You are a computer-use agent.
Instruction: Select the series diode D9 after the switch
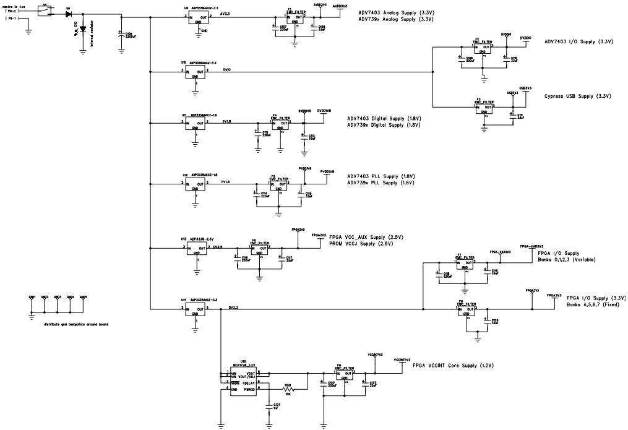pos(68,12)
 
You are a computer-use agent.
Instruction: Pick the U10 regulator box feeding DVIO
pos(195,74)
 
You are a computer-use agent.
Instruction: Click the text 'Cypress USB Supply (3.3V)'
pos(577,97)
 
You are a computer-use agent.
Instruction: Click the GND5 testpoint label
pos(84,296)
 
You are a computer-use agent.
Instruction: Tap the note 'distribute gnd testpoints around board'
pos(75,324)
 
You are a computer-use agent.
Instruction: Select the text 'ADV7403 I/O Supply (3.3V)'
pos(579,41)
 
